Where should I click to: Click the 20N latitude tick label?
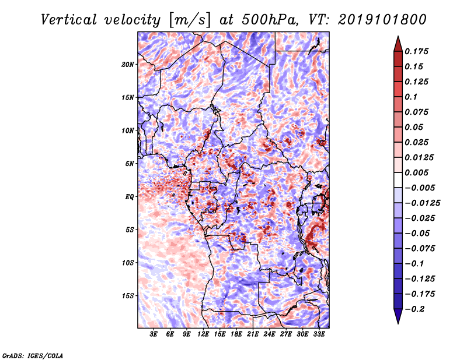(128, 65)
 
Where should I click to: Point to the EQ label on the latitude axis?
(130, 197)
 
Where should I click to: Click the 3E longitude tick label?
(154, 334)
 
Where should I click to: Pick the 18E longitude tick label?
(236, 334)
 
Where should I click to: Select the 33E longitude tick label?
(319, 334)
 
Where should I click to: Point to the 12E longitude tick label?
(203, 334)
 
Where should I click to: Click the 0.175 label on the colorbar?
(416, 51)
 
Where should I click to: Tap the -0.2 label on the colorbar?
(414, 309)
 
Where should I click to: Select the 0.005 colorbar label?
(416, 172)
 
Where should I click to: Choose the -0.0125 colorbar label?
(422, 203)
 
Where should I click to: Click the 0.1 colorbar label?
(411, 97)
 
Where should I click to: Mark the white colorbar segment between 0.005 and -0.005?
(398, 180)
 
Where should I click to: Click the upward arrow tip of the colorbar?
(398, 36)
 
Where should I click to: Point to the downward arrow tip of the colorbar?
(398, 324)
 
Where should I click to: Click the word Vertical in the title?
(69, 20)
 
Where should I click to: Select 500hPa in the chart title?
(269, 20)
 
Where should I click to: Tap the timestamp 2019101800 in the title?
(382, 20)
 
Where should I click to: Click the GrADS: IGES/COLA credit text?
(33, 355)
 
